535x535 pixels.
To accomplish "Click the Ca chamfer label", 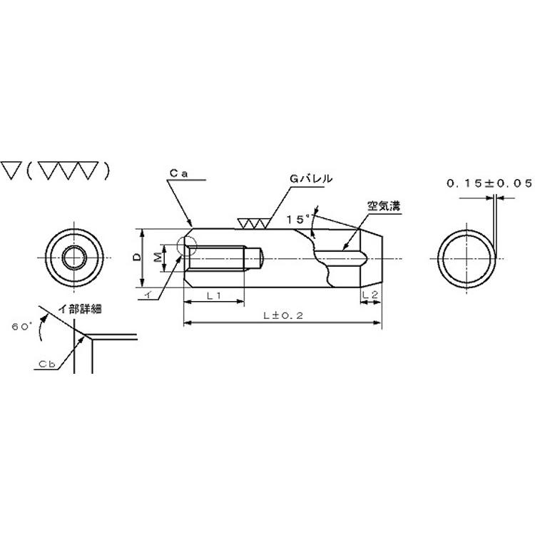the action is [x=179, y=173].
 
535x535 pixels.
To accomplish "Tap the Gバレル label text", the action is [x=311, y=178].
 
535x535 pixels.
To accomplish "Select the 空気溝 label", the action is [x=384, y=205].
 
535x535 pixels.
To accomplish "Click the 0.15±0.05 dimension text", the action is [x=489, y=183].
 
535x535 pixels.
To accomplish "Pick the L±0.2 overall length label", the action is [x=283, y=315].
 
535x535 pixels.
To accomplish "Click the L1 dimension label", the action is [x=214, y=295].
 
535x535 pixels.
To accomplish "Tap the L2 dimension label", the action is [x=370, y=295].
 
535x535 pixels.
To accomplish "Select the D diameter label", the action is [x=137, y=257].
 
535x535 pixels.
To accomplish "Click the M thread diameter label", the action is [x=158, y=258].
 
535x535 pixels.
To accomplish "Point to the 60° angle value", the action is [x=22, y=326].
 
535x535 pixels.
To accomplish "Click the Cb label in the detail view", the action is [x=47, y=364].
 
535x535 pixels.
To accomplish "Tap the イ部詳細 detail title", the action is [x=81, y=309].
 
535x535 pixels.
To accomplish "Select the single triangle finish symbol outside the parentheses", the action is [x=11, y=170].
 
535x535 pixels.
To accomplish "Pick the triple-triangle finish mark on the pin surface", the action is [x=253, y=223].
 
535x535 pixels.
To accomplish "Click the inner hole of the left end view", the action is [x=74, y=258].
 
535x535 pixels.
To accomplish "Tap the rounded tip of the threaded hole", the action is [x=261, y=258].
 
